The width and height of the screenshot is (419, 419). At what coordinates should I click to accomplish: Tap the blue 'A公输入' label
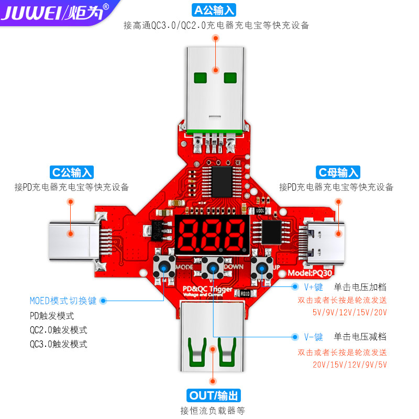[x=214, y=10]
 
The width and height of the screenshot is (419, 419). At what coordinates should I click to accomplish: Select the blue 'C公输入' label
[x=72, y=172]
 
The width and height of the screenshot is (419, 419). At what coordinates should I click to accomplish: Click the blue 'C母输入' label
[x=338, y=172]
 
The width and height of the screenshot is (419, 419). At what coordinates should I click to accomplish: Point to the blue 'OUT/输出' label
[x=214, y=395]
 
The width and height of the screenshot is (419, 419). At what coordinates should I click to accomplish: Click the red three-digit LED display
[x=212, y=235]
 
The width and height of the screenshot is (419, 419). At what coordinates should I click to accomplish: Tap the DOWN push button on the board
[x=213, y=268]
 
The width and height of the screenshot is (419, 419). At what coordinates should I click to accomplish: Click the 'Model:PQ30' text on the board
[x=310, y=273]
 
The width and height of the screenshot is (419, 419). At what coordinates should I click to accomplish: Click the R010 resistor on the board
[x=245, y=294]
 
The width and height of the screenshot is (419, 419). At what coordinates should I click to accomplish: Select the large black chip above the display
[x=222, y=182]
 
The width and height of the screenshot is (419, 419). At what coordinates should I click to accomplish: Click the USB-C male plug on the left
[x=74, y=241]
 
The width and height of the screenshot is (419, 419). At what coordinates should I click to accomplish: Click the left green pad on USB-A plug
[x=200, y=78]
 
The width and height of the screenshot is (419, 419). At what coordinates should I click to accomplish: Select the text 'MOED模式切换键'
[x=63, y=301]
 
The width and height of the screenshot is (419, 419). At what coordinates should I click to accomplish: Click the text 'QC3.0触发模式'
[x=59, y=344]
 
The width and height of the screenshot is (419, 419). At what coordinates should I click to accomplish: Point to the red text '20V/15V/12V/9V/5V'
[x=350, y=365]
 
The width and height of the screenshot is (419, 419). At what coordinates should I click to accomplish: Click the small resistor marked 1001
[x=260, y=211]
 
